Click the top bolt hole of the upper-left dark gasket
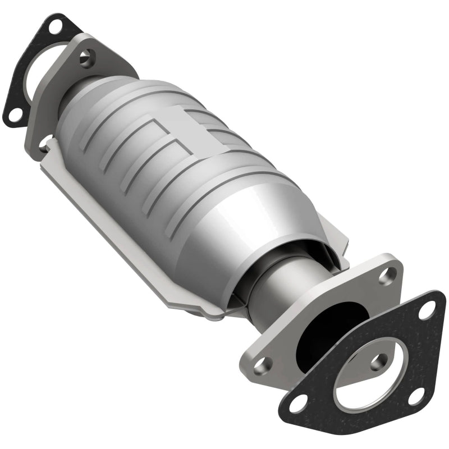click(56, 25)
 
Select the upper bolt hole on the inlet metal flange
click(85, 57)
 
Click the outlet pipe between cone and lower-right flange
click(281, 281)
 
